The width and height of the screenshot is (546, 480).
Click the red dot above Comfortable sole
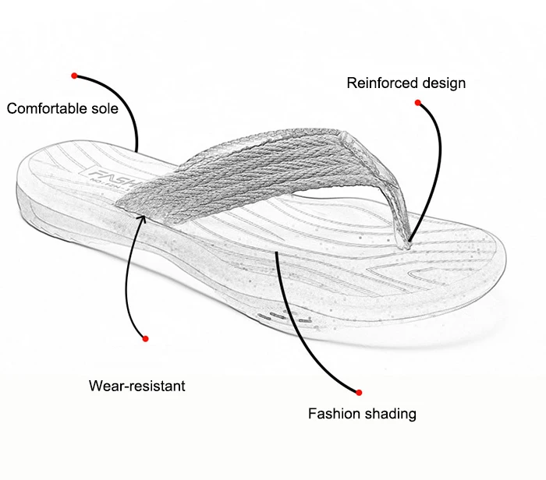tap(74, 76)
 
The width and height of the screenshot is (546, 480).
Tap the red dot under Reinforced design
tap(418, 103)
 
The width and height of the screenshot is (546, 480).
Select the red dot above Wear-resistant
tap(145, 338)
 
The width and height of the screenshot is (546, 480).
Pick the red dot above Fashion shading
tap(359, 392)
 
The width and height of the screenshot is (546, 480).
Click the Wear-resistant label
tap(136, 386)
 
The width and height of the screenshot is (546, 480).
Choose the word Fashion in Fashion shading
tap(333, 414)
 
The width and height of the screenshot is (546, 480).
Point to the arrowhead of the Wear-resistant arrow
tap(142, 217)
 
